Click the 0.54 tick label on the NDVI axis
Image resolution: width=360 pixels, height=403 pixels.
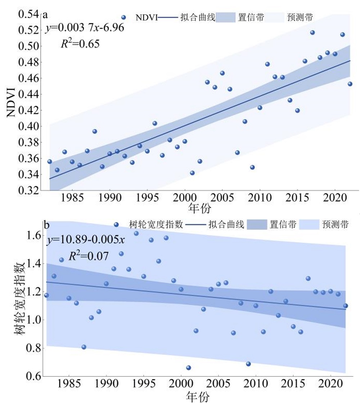pos(28,14)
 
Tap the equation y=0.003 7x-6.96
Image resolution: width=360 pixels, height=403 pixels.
pos(85,28)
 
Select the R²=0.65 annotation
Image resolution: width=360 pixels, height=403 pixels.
pos(80,43)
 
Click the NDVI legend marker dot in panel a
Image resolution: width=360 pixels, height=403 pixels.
pos(124,18)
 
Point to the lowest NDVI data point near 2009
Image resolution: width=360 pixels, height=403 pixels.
pos(252,167)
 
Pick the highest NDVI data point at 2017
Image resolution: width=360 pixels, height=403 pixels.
pos(312,33)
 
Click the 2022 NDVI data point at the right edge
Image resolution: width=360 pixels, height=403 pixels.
pos(350,84)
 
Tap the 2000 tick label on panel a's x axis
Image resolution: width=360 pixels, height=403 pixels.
pos(185,198)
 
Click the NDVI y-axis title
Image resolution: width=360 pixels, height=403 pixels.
pos(11,102)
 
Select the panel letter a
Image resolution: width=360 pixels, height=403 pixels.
pos(45,15)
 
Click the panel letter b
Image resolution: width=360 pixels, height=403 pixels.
pos(46,225)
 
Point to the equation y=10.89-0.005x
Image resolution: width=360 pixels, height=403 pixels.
pos(86,240)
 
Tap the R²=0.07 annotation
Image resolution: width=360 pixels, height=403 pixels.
pos(89,256)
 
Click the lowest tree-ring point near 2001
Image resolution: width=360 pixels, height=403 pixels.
pos(189,368)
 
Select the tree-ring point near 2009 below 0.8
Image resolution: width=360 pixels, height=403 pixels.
pos(248,364)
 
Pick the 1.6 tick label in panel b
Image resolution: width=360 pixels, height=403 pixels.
pos(34,235)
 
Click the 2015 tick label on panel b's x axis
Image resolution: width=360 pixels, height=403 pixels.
pos(293,384)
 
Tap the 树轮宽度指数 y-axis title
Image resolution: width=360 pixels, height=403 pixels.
pos(20,298)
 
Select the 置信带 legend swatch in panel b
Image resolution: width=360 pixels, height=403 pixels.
pos(257,225)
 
